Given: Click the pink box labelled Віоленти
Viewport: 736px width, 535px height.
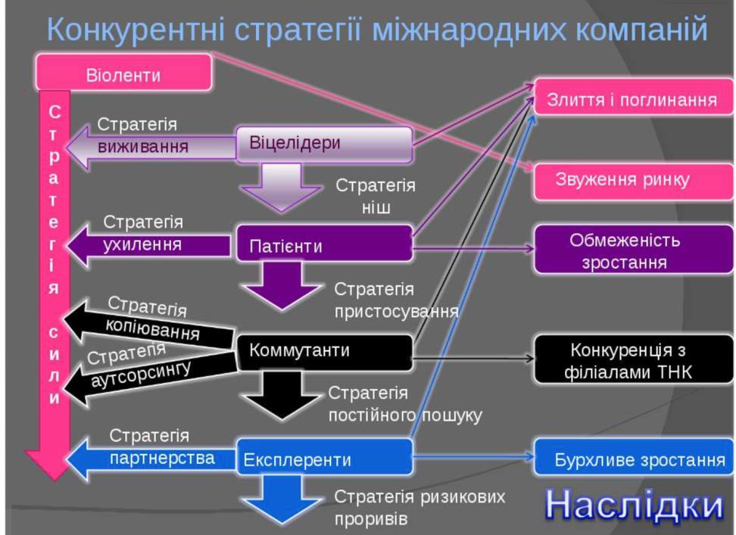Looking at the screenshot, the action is [124, 72].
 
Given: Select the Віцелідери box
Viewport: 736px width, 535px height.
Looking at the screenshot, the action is [324, 145].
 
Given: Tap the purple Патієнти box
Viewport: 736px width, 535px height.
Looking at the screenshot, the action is [324, 244].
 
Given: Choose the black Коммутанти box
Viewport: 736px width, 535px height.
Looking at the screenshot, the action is [324, 353].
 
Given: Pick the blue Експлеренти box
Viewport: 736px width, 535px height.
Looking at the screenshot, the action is [324, 457].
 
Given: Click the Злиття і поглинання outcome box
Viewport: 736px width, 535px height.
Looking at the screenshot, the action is [633, 97].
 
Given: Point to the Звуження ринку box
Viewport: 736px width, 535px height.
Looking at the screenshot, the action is [633, 182].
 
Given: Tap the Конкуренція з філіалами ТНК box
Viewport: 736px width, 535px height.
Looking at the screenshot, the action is [633, 359].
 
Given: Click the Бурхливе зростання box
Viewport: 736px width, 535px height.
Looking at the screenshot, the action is [633, 457].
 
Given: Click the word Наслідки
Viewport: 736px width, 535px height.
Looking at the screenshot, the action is [634, 505].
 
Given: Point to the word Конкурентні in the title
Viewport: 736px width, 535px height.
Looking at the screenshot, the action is [136, 29].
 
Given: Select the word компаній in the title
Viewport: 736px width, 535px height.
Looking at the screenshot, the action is [641, 29].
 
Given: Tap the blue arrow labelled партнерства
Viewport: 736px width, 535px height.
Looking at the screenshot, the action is [151, 458].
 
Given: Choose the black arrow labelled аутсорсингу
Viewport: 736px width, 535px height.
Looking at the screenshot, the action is [149, 376].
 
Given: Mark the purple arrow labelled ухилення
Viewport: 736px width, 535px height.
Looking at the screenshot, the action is [148, 245].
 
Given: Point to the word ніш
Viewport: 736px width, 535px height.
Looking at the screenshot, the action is [376, 207].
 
